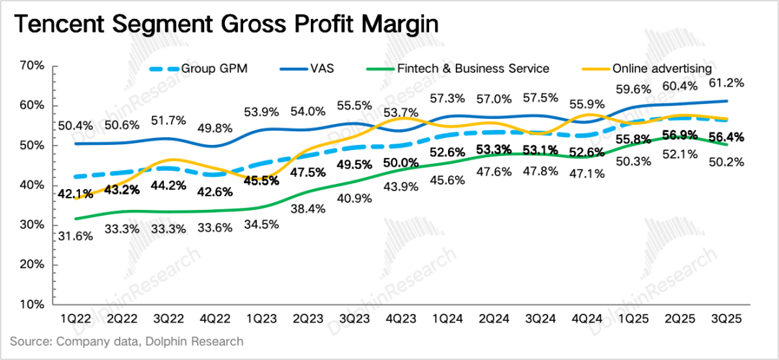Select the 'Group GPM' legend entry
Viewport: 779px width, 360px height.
[x=209, y=69]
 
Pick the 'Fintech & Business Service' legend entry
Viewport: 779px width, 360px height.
[x=473, y=69]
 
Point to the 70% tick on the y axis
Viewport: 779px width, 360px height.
[x=32, y=66]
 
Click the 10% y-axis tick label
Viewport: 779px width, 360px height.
[x=32, y=304]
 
